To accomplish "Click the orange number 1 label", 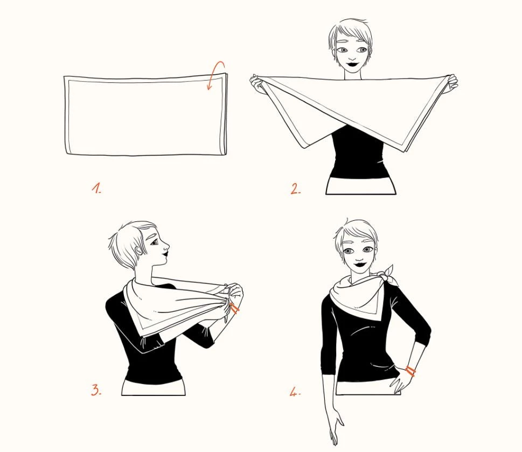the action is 96,188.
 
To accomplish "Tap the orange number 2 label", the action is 295,189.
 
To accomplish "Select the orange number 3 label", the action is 96,390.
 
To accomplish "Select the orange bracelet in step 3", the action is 234,309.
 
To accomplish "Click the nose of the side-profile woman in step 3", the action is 166,247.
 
